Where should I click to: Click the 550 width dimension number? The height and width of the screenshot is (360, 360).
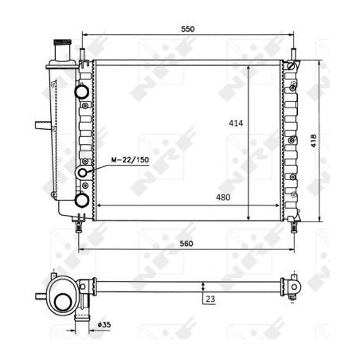pyautogui.click(x=188, y=29)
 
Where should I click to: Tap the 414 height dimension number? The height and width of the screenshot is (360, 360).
pyautogui.click(x=236, y=124)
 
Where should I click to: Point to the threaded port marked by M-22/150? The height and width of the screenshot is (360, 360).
pyautogui.click(x=83, y=173)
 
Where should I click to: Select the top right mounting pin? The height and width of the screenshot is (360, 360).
pyautogui.click(x=293, y=56)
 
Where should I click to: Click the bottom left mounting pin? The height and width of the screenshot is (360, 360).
pyautogui.click(x=79, y=226)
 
